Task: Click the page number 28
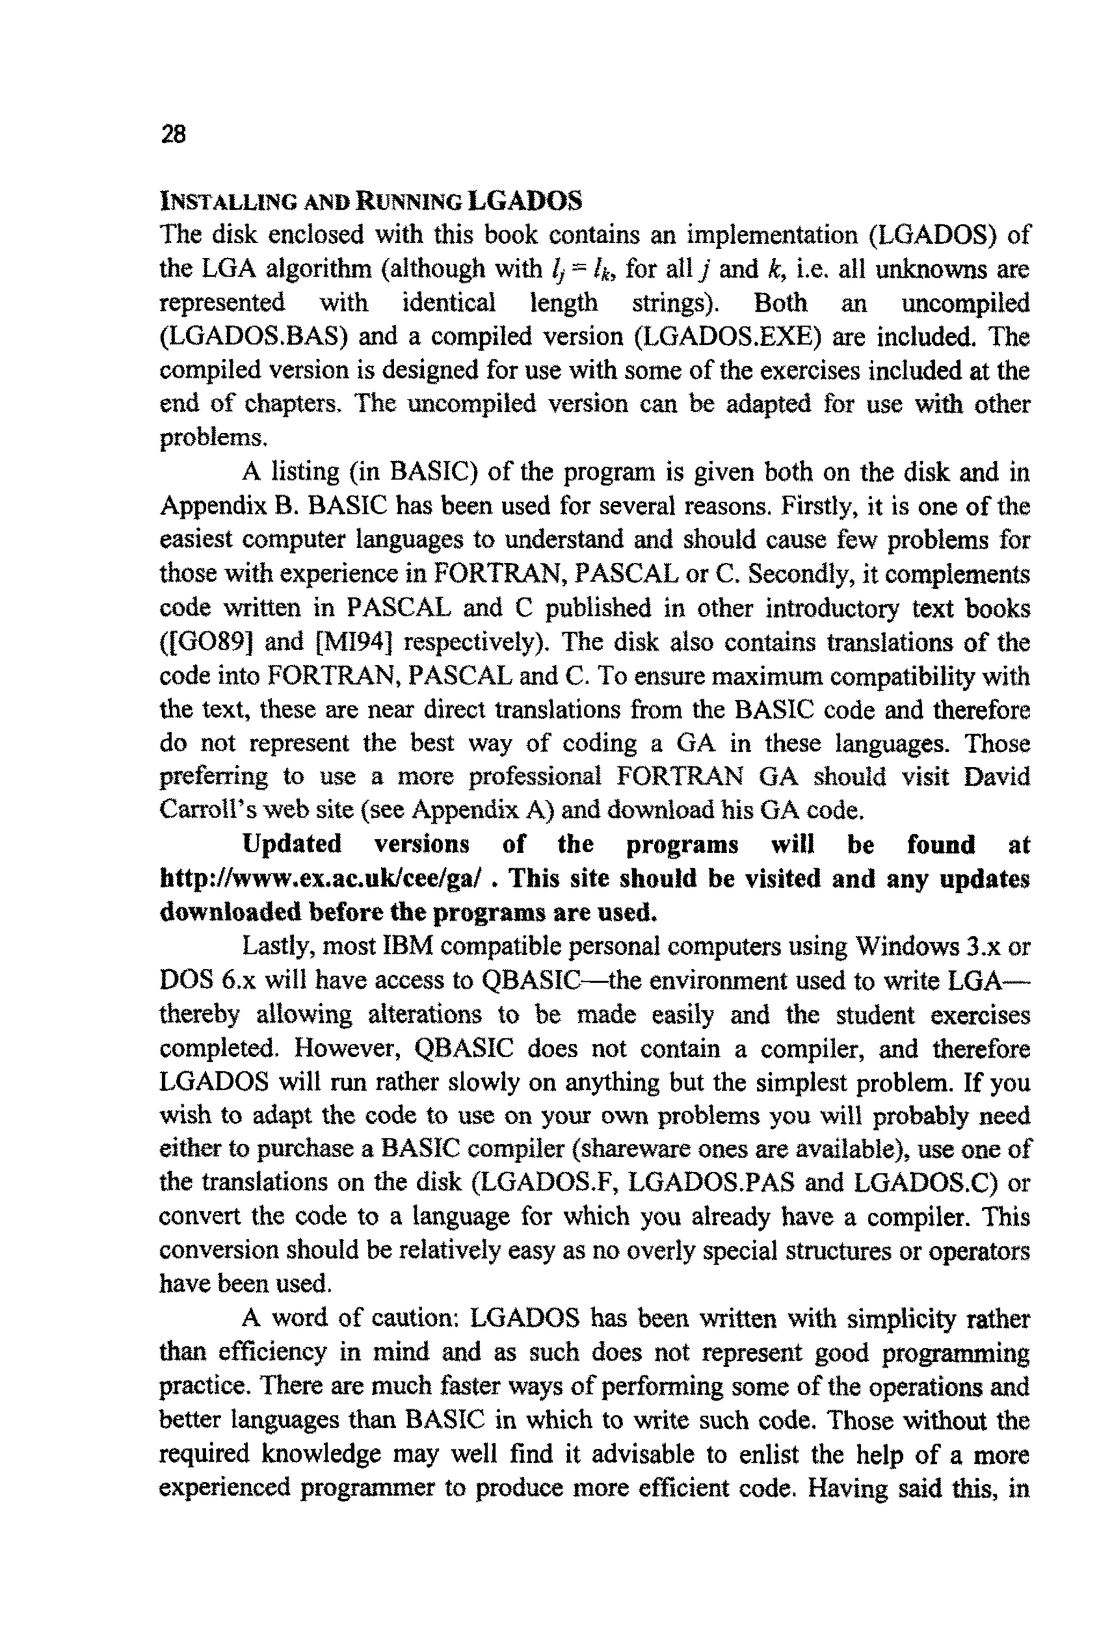pyautogui.click(x=173, y=133)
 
